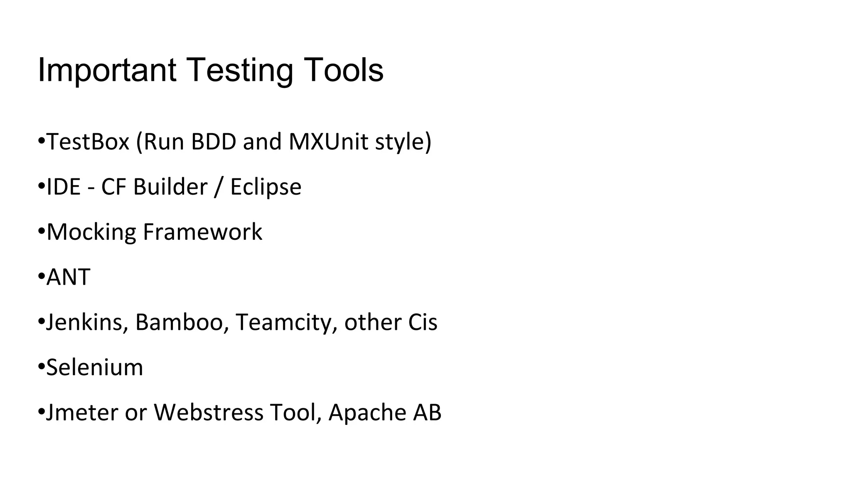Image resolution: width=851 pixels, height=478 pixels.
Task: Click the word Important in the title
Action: coord(107,70)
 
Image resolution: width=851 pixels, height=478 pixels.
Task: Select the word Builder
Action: coord(170,187)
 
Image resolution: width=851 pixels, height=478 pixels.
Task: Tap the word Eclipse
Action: coord(266,187)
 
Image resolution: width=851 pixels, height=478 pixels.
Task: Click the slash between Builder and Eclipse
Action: coord(219,187)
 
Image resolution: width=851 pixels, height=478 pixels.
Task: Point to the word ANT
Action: coord(68,277)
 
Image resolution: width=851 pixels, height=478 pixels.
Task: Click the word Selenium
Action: coord(95,367)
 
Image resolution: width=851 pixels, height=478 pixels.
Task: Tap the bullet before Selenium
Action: coord(41,367)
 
